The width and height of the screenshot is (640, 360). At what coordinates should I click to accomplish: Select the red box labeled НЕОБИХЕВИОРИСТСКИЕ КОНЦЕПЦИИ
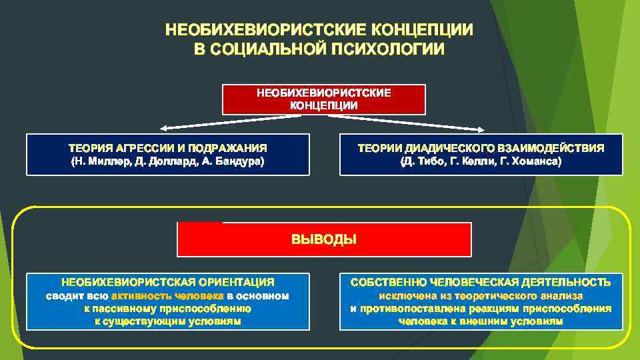[x=324, y=99]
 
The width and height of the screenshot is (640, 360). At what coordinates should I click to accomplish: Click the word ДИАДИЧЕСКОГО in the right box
[x=447, y=148]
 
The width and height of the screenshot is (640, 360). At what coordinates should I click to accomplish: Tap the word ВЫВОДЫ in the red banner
[x=324, y=239]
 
